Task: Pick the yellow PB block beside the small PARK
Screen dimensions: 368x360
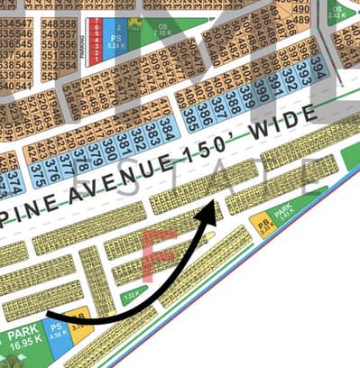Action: coord(263,221)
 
